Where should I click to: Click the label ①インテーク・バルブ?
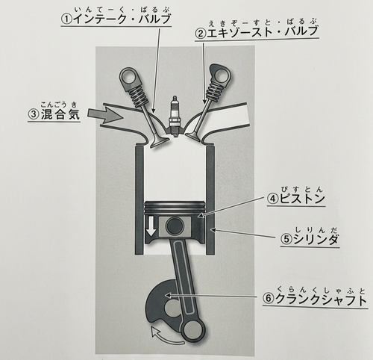click(x=116, y=19)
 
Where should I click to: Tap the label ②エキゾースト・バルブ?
click(x=257, y=31)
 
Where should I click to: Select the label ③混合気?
click(x=54, y=114)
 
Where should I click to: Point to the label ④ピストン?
click(x=296, y=199)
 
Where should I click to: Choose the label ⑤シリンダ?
click(x=310, y=239)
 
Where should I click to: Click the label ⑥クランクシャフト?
click(x=315, y=300)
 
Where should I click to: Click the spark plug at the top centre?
click(x=175, y=116)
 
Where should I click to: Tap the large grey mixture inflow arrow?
click(x=105, y=114)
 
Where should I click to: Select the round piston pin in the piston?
click(x=175, y=226)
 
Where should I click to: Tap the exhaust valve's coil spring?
click(x=214, y=88)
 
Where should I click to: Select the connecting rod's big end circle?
click(x=193, y=330)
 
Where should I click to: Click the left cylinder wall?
click(x=140, y=200)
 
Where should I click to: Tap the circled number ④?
click(x=273, y=199)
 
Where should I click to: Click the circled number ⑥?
click(x=269, y=300)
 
